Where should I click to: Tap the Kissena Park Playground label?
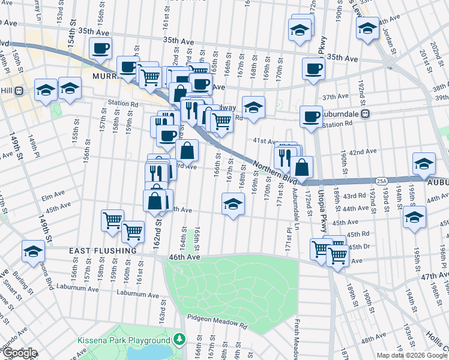click(x=124, y=340)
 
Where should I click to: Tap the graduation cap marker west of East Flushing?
click(x=33, y=251)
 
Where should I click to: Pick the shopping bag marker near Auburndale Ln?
click(x=303, y=167)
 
